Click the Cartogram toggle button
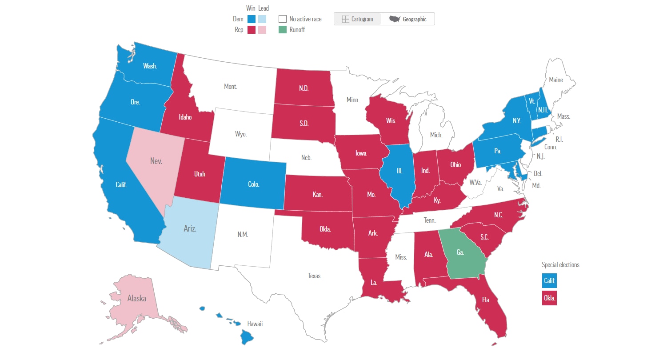click(x=357, y=19)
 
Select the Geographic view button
click(x=407, y=19)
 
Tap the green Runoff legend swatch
click(x=282, y=30)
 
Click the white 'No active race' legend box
click(x=282, y=19)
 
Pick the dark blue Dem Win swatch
click(x=251, y=19)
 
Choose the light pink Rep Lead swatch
click(x=262, y=30)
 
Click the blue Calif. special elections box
click(x=549, y=281)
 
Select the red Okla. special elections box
click(x=549, y=298)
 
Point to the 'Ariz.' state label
click(x=190, y=229)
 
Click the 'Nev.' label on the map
click(x=156, y=161)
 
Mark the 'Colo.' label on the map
click(x=253, y=184)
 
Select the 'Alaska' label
click(x=137, y=298)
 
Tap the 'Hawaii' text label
click(x=255, y=324)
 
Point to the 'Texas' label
click(x=314, y=276)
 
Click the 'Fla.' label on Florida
click(x=486, y=300)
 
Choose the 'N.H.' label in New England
click(x=543, y=110)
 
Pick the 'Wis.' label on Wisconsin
click(x=391, y=121)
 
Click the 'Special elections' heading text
click(x=560, y=265)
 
